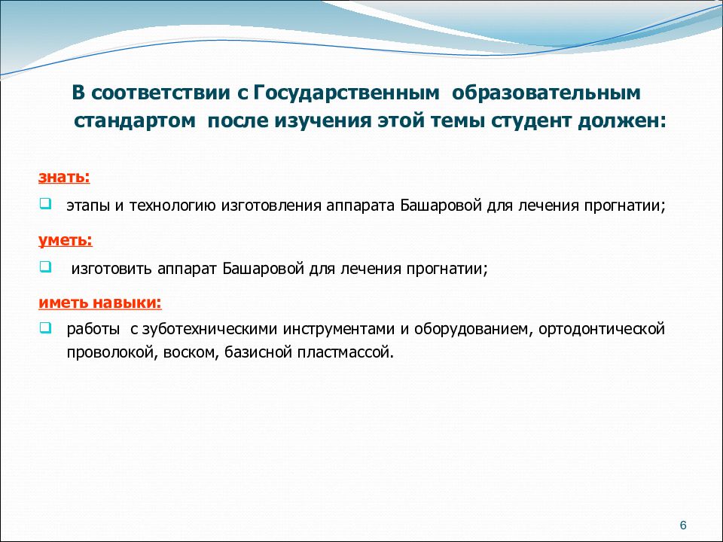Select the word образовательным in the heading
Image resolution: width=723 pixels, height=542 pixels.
tap(547, 93)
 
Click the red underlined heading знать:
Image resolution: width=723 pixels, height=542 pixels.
tap(64, 177)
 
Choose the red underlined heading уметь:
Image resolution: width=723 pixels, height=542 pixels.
tap(66, 241)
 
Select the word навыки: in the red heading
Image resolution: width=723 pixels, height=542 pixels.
tap(127, 303)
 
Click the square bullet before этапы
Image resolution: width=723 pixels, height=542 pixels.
tap(45, 203)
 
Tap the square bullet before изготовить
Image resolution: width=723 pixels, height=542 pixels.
tap(45, 266)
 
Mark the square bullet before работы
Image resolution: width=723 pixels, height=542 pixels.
tap(45, 327)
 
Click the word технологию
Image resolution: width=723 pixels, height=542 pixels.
tap(172, 206)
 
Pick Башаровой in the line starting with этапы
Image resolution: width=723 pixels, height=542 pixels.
tap(441, 205)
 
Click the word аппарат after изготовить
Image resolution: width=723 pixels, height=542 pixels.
tap(187, 269)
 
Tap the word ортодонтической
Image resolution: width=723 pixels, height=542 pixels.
tap(602, 330)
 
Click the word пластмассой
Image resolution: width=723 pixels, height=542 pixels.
tap(346, 353)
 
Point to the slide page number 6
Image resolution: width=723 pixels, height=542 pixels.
tap(683, 525)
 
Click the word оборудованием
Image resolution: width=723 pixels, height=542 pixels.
tap(474, 330)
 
